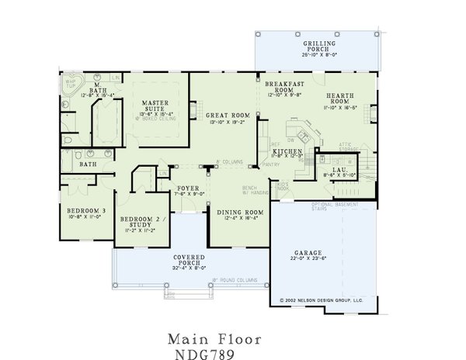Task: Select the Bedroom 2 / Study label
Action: pos(137,222)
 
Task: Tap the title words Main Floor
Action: pos(214,339)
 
